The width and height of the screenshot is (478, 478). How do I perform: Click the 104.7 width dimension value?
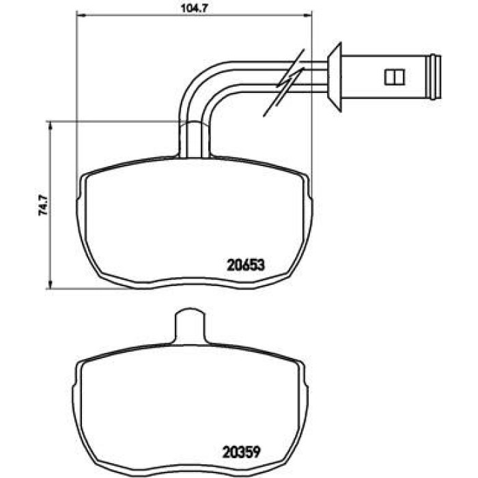click(194, 8)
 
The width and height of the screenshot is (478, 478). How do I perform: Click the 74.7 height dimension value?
click(43, 205)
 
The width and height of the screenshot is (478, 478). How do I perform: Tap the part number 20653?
click(246, 265)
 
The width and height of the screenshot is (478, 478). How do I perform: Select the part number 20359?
click(242, 452)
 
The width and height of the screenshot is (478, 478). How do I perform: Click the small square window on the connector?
click(395, 76)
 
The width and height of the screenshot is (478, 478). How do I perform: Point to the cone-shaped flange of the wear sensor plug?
click(335, 77)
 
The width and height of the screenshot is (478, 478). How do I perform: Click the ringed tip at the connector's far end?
click(436, 76)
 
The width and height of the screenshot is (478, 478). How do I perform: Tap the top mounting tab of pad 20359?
click(191, 326)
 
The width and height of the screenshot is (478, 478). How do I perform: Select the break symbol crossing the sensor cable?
click(283, 83)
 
